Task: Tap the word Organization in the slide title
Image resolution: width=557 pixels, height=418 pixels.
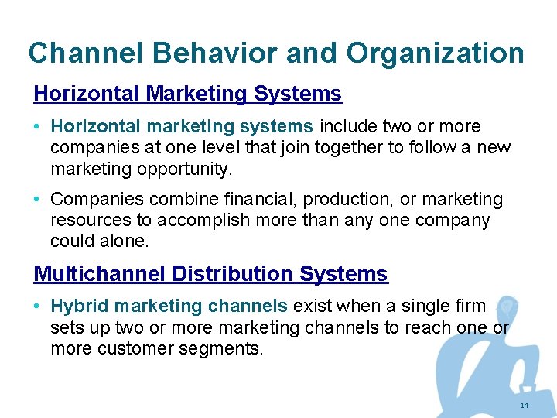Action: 436,53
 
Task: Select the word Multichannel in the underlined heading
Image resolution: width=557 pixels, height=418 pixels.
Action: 100,274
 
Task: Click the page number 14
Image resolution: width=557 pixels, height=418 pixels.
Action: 525,406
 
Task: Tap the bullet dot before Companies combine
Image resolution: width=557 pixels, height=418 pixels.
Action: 37,200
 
